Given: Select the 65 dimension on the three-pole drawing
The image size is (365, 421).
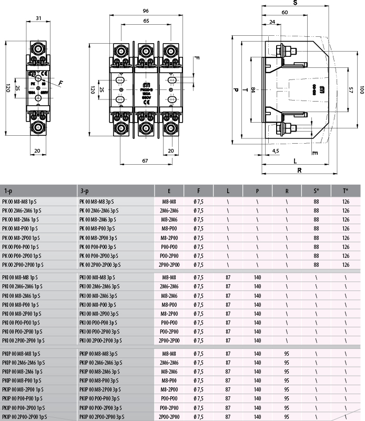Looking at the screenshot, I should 145,21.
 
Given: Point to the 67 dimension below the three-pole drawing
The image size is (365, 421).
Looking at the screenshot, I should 145,161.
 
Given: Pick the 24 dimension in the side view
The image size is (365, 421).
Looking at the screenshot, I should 272,22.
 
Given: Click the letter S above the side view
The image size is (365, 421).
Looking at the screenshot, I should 296,3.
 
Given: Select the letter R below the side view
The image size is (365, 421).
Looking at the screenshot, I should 299,170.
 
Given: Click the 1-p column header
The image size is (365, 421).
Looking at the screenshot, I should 8,191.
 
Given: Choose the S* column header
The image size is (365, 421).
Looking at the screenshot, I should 316,191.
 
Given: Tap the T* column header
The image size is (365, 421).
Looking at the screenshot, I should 346,191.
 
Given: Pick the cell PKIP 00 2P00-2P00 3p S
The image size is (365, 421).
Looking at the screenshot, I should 103,417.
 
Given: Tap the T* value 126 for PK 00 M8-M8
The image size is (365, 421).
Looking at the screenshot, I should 346,201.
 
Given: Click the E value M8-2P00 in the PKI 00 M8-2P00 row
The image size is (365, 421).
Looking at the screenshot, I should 169,314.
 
